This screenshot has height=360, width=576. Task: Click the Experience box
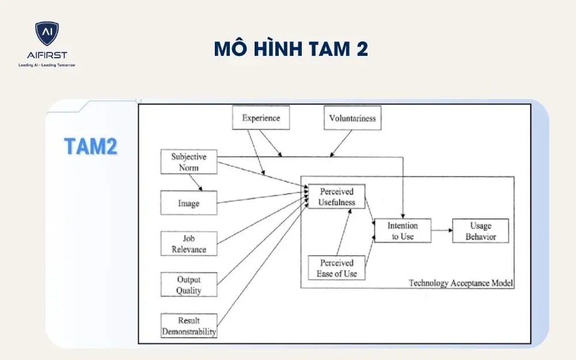pyautogui.click(x=260, y=118)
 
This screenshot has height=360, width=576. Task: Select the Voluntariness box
pyautogui.click(x=352, y=118)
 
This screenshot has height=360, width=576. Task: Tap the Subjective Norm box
pyautogui.click(x=188, y=162)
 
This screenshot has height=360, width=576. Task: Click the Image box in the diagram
pyautogui.click(x=188, y=203)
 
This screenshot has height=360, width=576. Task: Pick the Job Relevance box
pyautogui.click(x=188, y=244)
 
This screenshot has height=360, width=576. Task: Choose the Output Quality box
pyautogui.click(x=188, y=285)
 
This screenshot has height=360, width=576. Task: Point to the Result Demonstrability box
pyautogui.click(x=188, y=326)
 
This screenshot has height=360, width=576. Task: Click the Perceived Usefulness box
pyautogui.click(x=336, y=196)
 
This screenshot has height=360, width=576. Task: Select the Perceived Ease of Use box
pyautogui.click(x=336, y=268)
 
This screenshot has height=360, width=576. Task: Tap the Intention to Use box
pyautogui.click(x=402, y=230)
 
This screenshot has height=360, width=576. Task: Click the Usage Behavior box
pyautogui.click(x=480, y=230)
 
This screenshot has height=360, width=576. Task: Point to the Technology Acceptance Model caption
pyautogui.click(x=460, y=283)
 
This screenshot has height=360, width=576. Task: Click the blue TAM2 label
pyautogui.click(x=90, y=147)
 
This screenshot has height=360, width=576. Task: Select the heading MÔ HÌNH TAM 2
pyautogui.click(x=291, y=50)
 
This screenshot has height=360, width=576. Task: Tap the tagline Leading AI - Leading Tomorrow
pyautogui.click(x=47, y=65)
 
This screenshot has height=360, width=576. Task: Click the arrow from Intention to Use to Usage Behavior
pyautogui.click(x=441, y=230)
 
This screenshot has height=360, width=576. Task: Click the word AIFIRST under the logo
pyautogui.click(x=47, y=55)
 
